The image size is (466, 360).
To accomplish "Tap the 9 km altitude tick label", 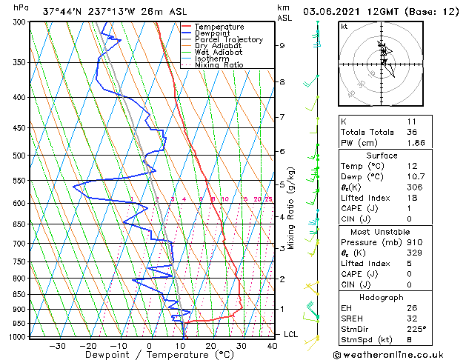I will (x=282, y=46).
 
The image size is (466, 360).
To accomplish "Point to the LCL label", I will (x=292, y=334).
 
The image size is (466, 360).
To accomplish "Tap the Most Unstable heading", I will (x=382, y=231).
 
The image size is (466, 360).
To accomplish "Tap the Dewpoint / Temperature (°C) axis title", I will (x=148, y=355).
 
